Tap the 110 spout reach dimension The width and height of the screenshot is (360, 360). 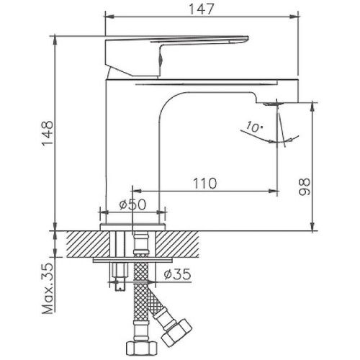pyautogui.click(x=205, y=184)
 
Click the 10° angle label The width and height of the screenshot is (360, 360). pyautogui.click(x=253, y=128)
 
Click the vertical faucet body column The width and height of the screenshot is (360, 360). pyautogui.click(x=133, y=144)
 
